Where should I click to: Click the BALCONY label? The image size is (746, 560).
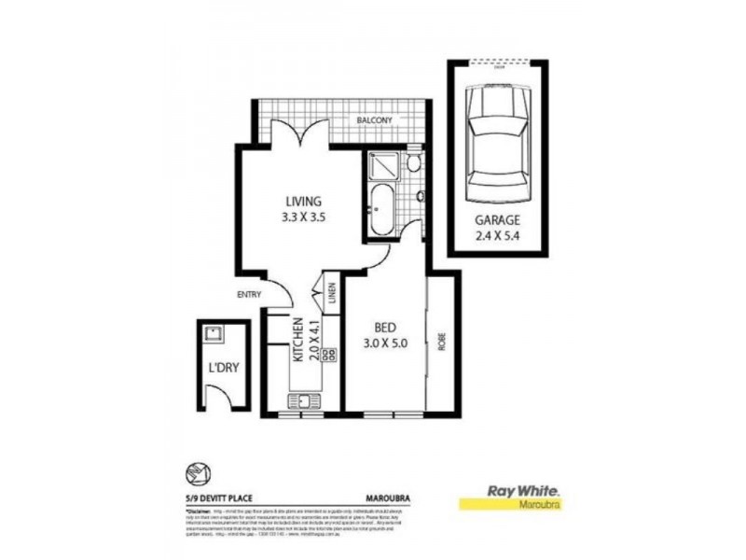pyautogui.click(x=377, y=120)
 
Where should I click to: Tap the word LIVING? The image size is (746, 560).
pyautogui.click(x=303, y=201)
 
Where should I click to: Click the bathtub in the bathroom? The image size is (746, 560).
pyautogui.click(x=380, y=209)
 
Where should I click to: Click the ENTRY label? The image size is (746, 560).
pyautogui.click(x=248, y=295)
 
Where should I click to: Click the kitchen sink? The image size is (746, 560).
pyautogui.click(x=303, y=402)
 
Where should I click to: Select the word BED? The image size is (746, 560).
pyautogui.click(x=385, y=328)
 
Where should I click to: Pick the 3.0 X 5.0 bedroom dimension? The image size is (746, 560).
pyautogui.click(x=385, y=343)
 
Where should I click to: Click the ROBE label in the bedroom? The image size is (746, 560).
pyautogui.click(x=442, y=341)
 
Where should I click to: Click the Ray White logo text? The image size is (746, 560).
pyautogui.click(x=517, y=489)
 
